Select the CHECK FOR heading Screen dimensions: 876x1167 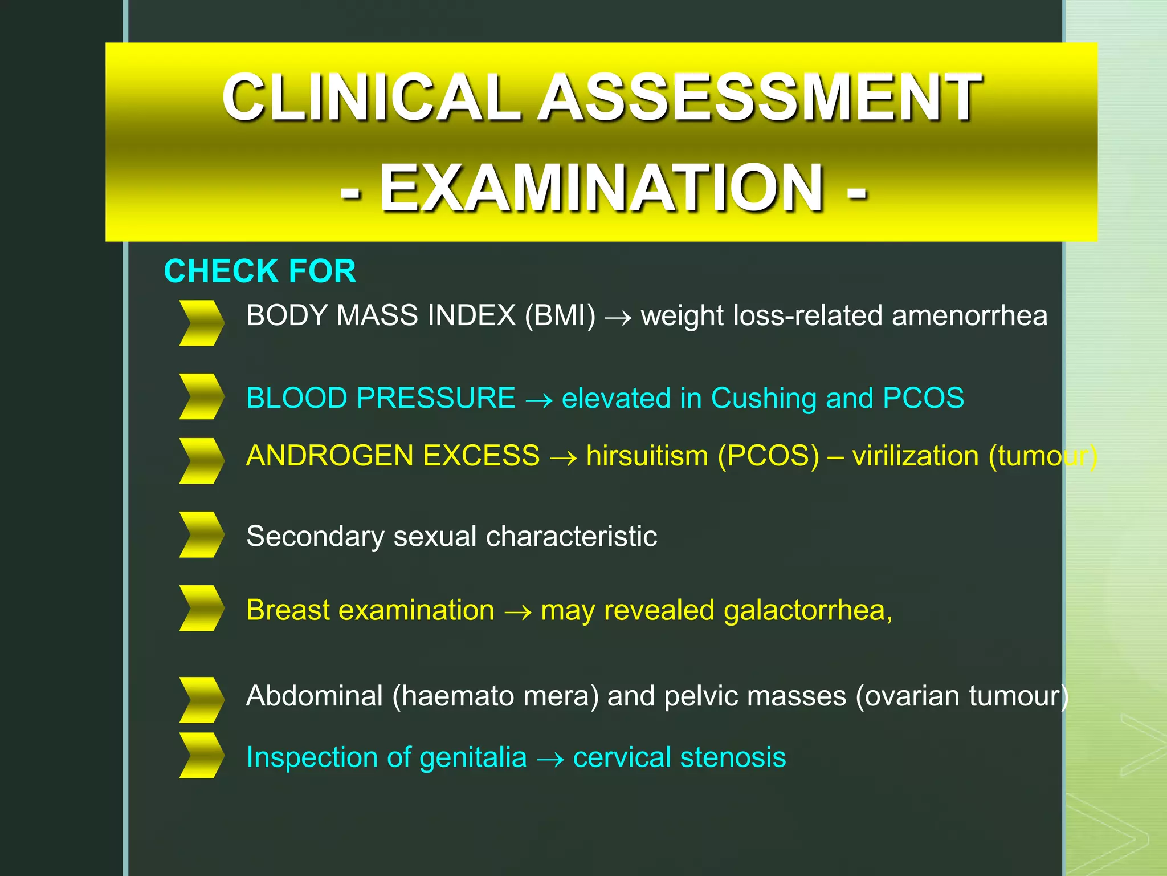260,271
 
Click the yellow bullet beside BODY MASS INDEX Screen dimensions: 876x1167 201,323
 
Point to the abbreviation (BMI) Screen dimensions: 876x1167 560,315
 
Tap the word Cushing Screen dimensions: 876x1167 764,398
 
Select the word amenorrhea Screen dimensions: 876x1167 969,315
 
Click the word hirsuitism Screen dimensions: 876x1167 647,456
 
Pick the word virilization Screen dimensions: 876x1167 915,456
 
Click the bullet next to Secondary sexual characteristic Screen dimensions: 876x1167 201,534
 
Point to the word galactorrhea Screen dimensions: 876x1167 804,610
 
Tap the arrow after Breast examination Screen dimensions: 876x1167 517,612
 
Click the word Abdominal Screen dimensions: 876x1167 315,696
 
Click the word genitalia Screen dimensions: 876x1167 472,757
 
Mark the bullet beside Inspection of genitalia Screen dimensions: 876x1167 201,756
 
